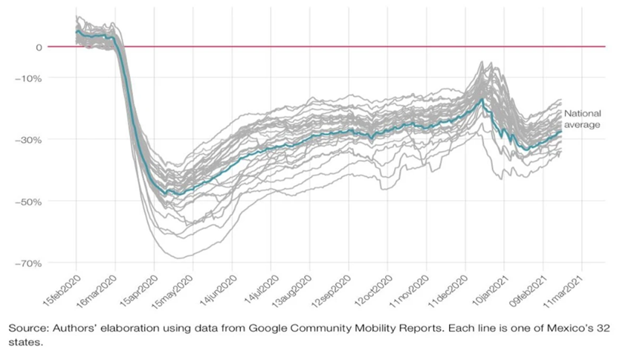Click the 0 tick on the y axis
click(x=37, y=47)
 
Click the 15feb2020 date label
click(x=59, y=286)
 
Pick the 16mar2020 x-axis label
click(x=97, y=286)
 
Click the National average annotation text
click(x=582, y=119)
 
